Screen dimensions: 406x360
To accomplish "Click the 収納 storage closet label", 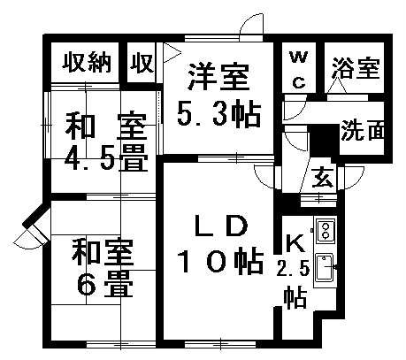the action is click(x=87, y=62).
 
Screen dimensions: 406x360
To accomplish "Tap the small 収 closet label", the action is click(x=142, y=63).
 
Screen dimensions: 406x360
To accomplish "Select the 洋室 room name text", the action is click(x=218, y=77).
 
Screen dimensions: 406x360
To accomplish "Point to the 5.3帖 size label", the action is click(x=219, y=115).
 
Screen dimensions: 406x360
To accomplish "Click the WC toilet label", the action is click(x=299, y=70).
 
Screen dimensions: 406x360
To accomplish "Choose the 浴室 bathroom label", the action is click(x=356, y=68).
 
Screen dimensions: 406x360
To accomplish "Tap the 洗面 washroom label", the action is click(x=363, y=130).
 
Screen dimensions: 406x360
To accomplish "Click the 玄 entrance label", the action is click(x=323, y=178).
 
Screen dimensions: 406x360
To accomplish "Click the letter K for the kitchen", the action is click(x=295, y=242).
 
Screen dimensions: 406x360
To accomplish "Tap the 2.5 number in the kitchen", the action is click(x=293, y=269).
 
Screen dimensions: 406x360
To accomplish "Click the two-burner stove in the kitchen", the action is click(x=326, y=231).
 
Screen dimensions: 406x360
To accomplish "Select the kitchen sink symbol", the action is click(x=324, y=268).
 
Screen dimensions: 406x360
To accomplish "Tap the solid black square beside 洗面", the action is click(x=324, y=141).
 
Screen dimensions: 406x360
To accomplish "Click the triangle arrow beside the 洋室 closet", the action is click(x=172, y=53).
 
